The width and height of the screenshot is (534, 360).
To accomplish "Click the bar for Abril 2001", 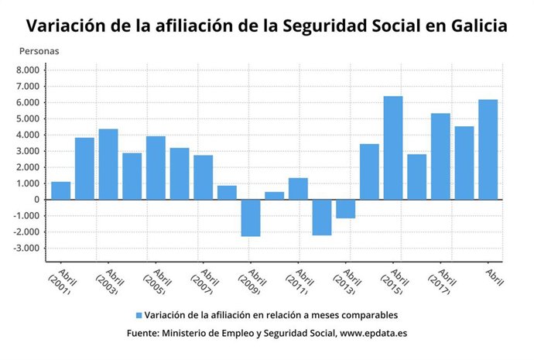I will coord(60,190).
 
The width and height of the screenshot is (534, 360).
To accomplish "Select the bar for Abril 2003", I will coord(108,164).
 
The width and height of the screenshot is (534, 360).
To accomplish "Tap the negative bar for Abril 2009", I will coord(250,218).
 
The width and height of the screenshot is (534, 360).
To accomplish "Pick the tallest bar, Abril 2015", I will coord(393,148).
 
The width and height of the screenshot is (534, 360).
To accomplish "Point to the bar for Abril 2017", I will coord(440,156).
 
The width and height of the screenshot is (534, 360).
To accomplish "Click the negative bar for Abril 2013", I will coord(345,208).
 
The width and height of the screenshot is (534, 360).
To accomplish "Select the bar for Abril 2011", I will coord(298,189).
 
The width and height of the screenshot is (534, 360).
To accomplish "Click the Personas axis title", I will coord(39,51).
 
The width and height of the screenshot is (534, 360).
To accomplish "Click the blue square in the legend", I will coord(139,316).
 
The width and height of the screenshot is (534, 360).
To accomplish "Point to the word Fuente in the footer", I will coord(142,334).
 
